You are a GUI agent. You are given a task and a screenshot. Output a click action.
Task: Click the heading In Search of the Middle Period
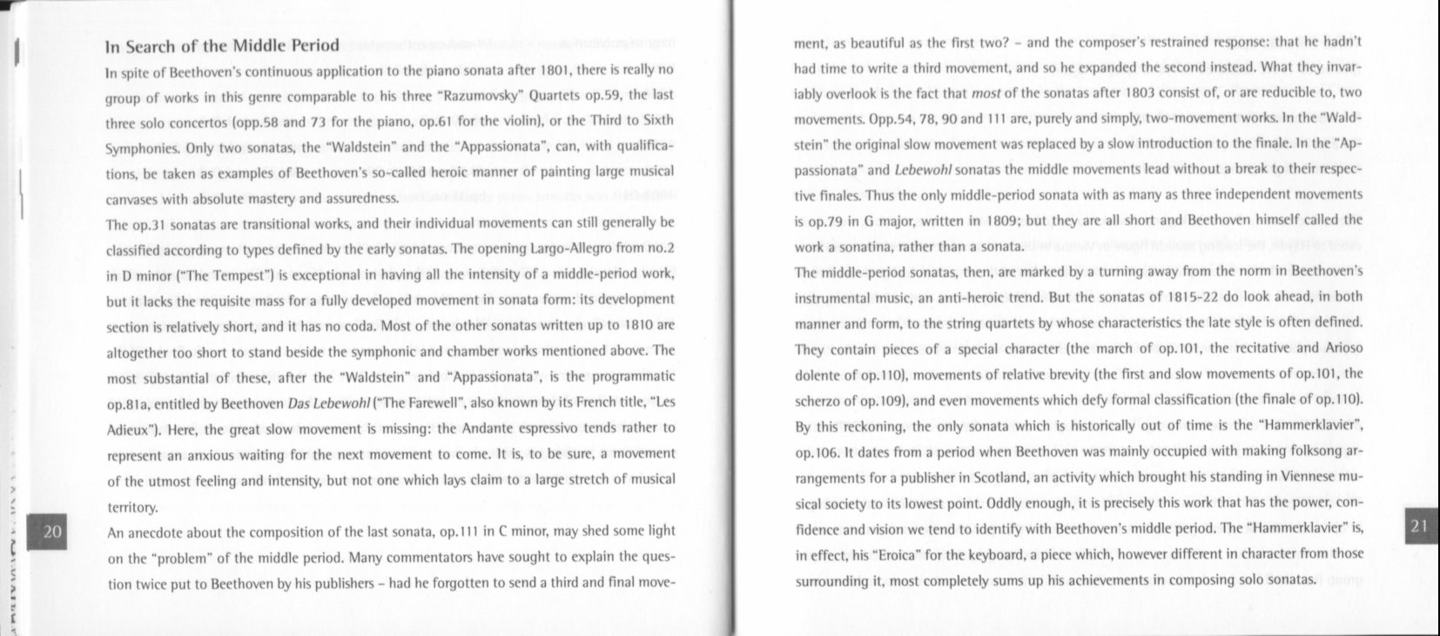tap(222, 46)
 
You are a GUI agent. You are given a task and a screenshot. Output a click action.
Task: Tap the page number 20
tap(52, 531)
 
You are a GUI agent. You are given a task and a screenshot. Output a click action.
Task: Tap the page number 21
tap(1418, 525)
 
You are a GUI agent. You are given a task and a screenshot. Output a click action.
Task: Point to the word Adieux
tap(127, 430)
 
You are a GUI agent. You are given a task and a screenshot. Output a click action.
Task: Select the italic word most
tap(985, 92)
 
